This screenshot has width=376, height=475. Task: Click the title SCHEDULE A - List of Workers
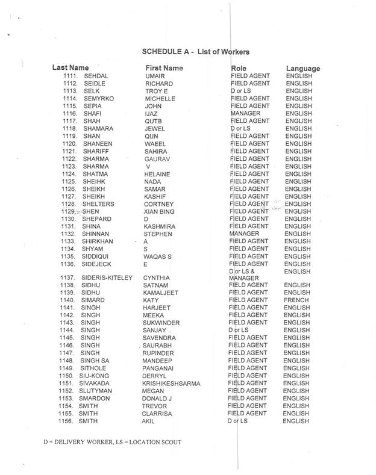tap(199, 52)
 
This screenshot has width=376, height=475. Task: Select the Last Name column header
tap(71, 68)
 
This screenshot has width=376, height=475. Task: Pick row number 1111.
tap(72, 76)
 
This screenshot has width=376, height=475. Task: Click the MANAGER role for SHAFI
tap(246, 113)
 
